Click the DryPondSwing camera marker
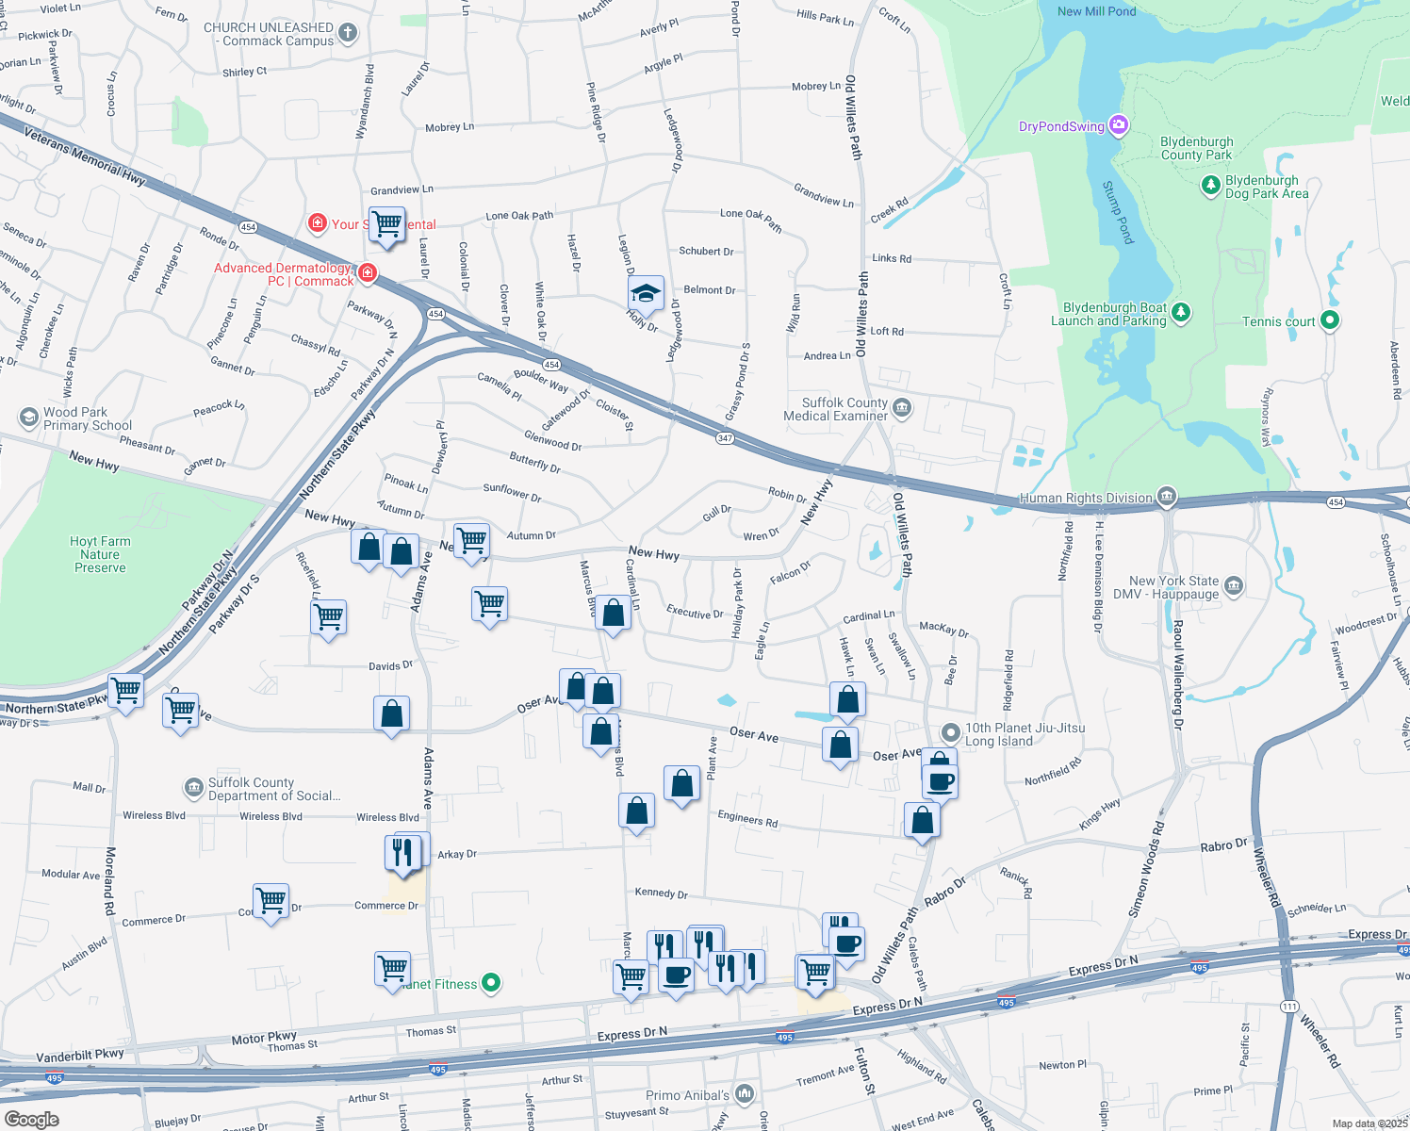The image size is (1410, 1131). [1119, 125]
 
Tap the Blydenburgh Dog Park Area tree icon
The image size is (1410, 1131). [1211, 186]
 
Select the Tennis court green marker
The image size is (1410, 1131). [1329, 320]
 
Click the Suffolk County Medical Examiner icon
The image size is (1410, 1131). [902, 408]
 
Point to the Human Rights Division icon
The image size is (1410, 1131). [1167, 497]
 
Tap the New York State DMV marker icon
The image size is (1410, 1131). [1234, 587]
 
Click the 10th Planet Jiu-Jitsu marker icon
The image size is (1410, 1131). [951, 732]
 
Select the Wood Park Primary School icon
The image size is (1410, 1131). [28, 418]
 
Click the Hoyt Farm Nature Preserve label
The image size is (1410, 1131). [100, 554]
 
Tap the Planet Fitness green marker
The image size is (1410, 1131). [491, 983]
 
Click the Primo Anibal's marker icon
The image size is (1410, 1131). [745, 1093]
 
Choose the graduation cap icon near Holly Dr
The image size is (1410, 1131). [646, 292]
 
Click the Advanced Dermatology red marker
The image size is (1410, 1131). [368, 273]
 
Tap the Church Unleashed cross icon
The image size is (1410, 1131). [348, 34]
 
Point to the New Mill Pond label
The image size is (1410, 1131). [1096, 11]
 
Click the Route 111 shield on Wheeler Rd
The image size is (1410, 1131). [1289, 1007]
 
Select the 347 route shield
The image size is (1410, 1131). [725, 438]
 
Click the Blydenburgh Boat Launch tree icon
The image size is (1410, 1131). [1181, 313]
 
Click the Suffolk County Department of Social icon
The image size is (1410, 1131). [193, 787]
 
